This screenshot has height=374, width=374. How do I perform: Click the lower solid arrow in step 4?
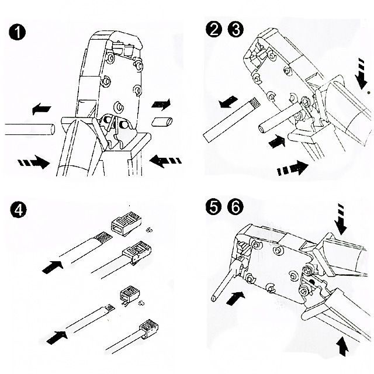tap(56, 337)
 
